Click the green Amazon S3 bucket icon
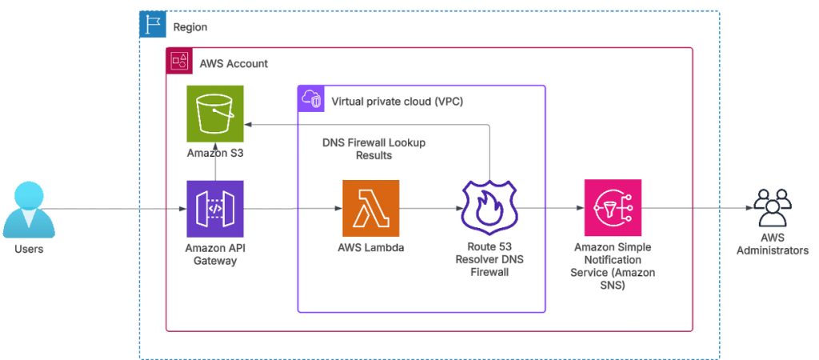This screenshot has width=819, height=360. pyautogui.click(x=215, y=114)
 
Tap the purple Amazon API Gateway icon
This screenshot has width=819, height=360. pyautogui.click(x=215, y=209)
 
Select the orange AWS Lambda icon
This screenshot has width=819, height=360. pyautogui.click(x=371, y=209)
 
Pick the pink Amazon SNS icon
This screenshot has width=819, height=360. pyautogui.click(x=613, y=208)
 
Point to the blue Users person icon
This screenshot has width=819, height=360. pyautogui.click(x=29, y=210)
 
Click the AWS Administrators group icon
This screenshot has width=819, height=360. pyautogui.click(x=772, y=207)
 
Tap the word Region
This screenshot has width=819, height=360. pyautogui.click(x=190, y=27)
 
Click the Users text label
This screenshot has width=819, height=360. pyautogui.click(x=29, y=250)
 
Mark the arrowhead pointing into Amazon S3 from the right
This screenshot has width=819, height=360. pyautogui.click(x=248, y=125)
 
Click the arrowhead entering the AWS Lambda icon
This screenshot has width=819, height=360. pyautogui.click(x=339, y=209)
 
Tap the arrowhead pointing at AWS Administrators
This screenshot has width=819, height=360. pyautogui.click(x=748, y=207)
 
